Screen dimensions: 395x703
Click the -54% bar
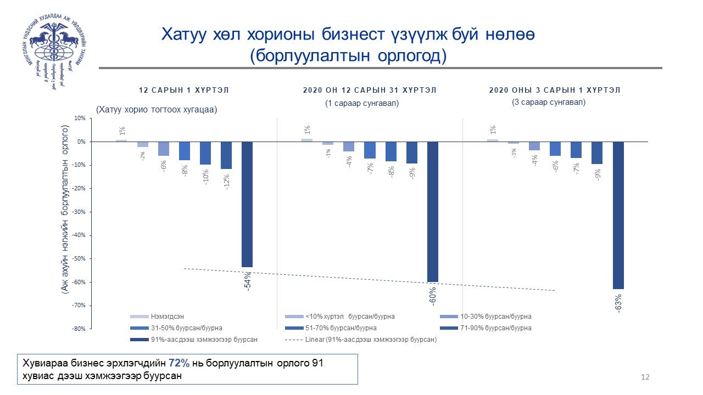pyautogui.click(x=247, y=204)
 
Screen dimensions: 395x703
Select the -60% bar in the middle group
pyautogui.click(x=433, y=211)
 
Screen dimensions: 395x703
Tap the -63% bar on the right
pyautogui.click(x=618, y=215)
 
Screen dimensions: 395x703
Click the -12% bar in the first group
pyautogui.click(x=226, y=155)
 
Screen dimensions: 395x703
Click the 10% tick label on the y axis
pyautogui.click(x=80, y=119)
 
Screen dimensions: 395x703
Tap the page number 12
pyautogui.click(x=645, y=377)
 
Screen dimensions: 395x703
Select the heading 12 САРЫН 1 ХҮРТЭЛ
pyautogui.click(x=183, y=91)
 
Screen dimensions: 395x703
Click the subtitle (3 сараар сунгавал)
pyautogui.click(x=549, y=102)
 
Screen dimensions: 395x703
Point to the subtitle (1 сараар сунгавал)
pyautogui.click(x=362, y=103)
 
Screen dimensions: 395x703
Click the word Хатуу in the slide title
pyautogui.click(x=183, y=35)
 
